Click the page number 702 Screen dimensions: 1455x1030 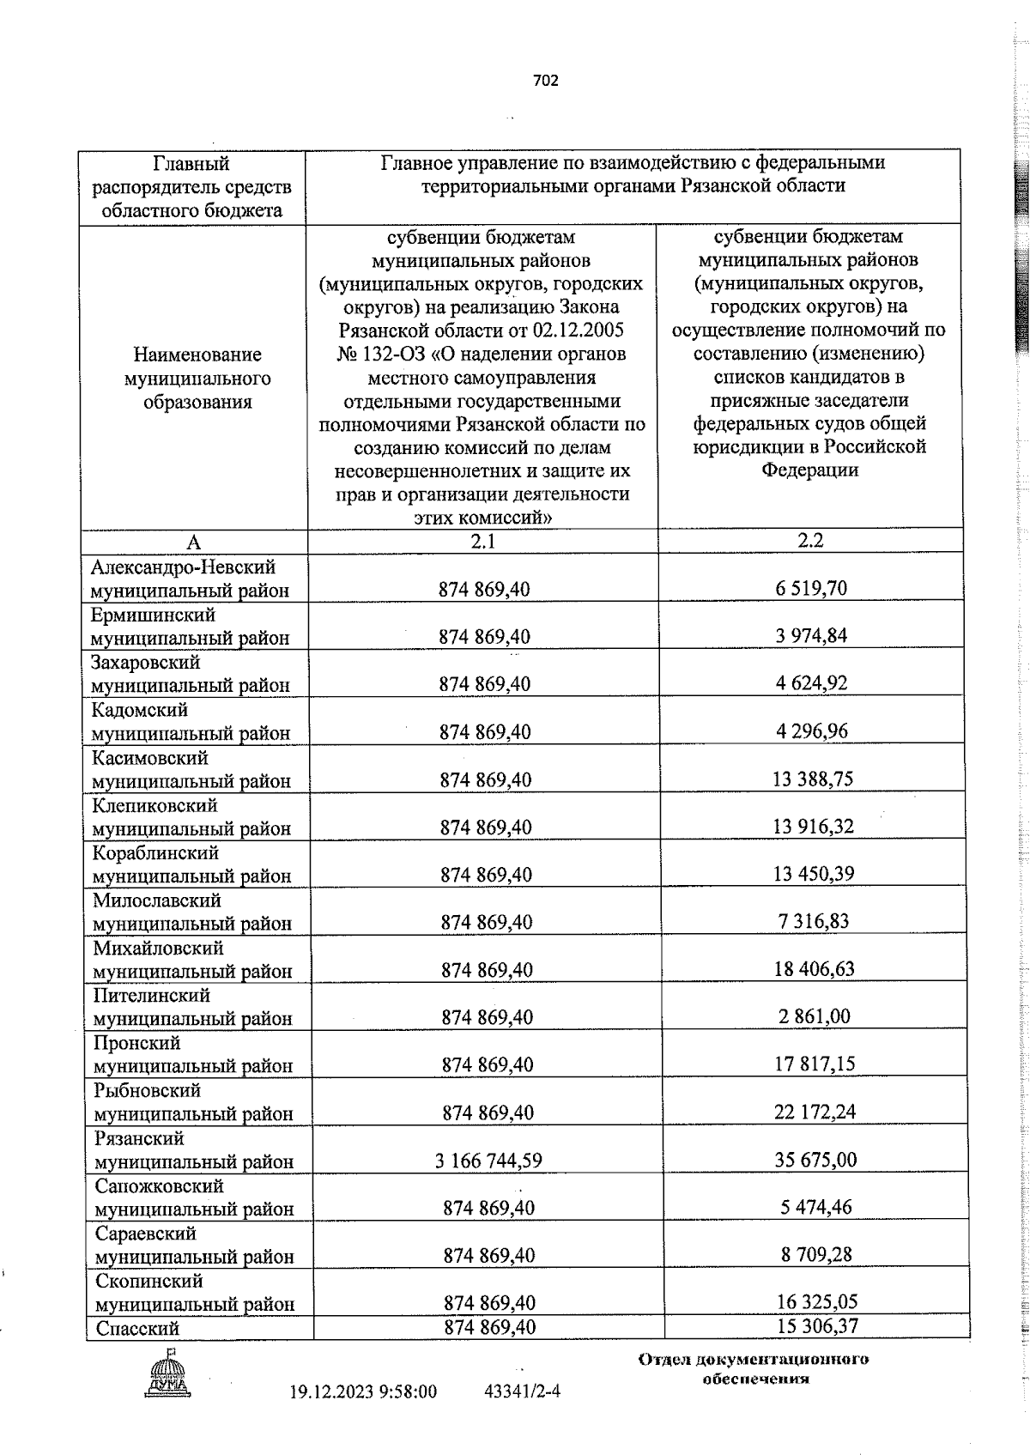(x=545, y=81)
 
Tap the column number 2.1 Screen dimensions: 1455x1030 (x=482, y=541)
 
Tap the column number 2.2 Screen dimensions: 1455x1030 (x=811, y=540)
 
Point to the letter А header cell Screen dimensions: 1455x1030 (x=194, y=543)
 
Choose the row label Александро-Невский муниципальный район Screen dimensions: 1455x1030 (x=191, y=579)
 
